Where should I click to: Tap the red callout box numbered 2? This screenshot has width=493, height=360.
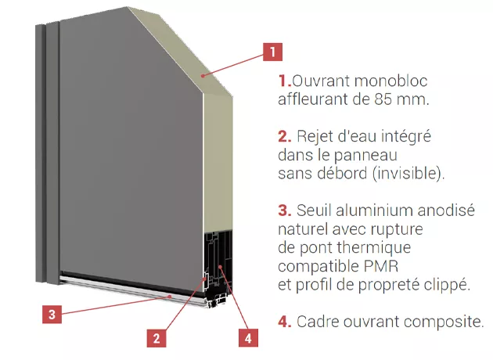pyautogui.click(x=157, y=338)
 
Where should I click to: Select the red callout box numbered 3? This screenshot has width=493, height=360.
pyautogui.click(x=51, y=315)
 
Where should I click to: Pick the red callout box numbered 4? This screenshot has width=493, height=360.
pyautogui.click(x=247, y=338)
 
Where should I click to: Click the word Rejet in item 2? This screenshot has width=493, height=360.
pyautogui.click(x=315, y=137)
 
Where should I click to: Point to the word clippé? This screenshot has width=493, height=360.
pyautogui.click(x=445, y=285)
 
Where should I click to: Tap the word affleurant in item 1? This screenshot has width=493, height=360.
pyautogui.click(x=309, y=99)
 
